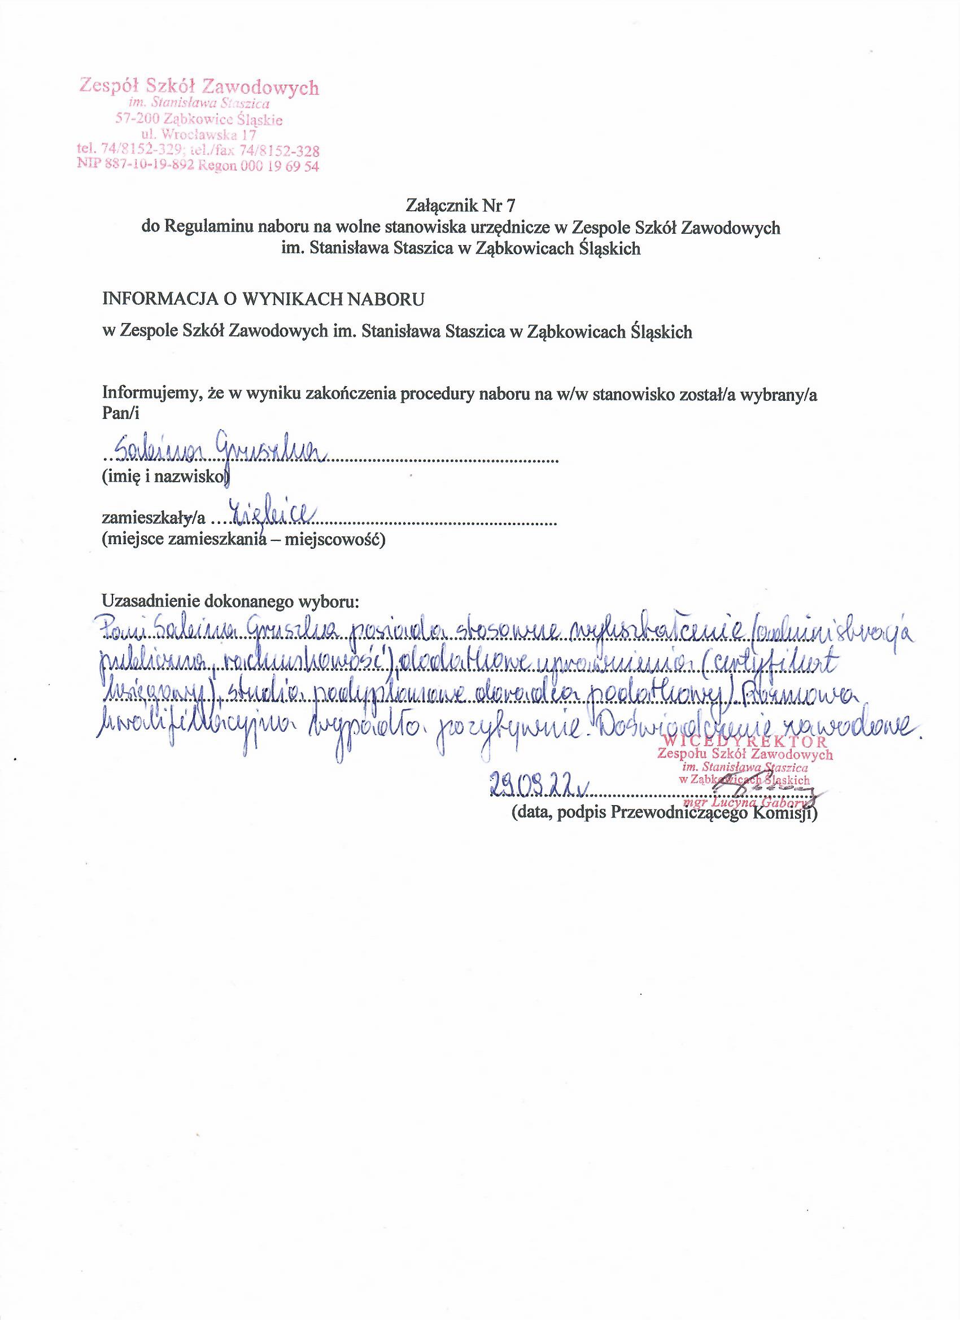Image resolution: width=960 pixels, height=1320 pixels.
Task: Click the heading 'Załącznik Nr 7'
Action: [x=460, y=206]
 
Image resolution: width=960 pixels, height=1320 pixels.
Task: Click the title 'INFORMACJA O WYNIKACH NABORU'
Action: [x=264, y=299]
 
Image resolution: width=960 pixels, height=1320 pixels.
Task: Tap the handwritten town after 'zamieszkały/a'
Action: [x=272, y=512]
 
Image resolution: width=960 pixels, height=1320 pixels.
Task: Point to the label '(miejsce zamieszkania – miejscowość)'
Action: [x=243, y=540]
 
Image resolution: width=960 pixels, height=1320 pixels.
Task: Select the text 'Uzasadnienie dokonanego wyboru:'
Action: [x=230, y=601]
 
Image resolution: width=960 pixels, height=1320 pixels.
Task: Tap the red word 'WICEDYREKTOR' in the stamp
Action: [x=745, y=742]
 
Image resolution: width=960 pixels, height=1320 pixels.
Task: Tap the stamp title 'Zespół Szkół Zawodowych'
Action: [x=199, y=88]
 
